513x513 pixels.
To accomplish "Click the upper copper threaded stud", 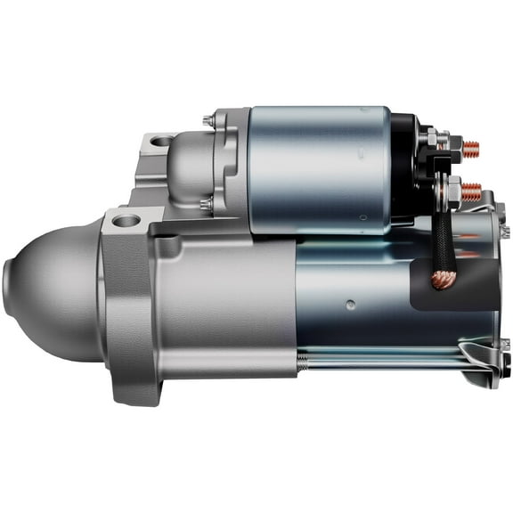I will [470, 150].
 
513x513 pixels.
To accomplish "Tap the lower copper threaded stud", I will [471, 191].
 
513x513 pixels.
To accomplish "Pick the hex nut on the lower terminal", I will [452, 190].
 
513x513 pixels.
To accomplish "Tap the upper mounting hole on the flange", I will [161, 141].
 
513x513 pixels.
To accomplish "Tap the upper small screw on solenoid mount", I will [208, 120].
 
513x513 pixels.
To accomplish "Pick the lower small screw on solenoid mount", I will [208, 204].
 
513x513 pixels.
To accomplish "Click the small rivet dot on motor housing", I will [350, 303].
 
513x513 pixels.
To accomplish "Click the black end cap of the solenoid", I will [405, 169].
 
